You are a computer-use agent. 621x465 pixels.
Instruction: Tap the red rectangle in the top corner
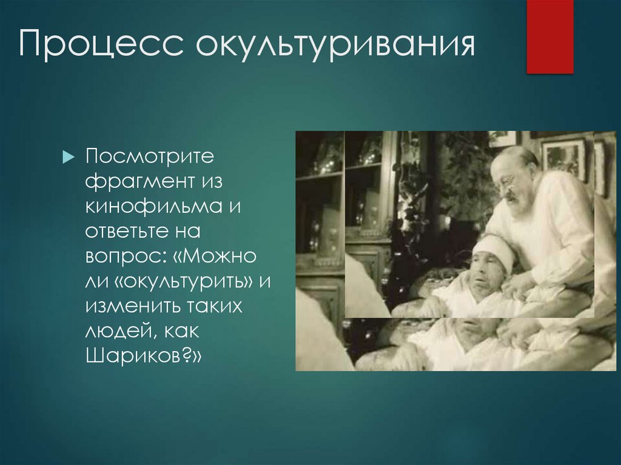point(549,36)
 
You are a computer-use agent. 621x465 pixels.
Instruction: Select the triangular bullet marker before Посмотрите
point(67,158)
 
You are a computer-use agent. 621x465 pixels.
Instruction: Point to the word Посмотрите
point(150,158)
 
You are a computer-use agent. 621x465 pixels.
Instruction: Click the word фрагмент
point(138,182)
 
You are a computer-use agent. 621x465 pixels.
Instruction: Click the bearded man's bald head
point(516,159)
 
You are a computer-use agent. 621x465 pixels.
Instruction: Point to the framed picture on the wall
point(563,156)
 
